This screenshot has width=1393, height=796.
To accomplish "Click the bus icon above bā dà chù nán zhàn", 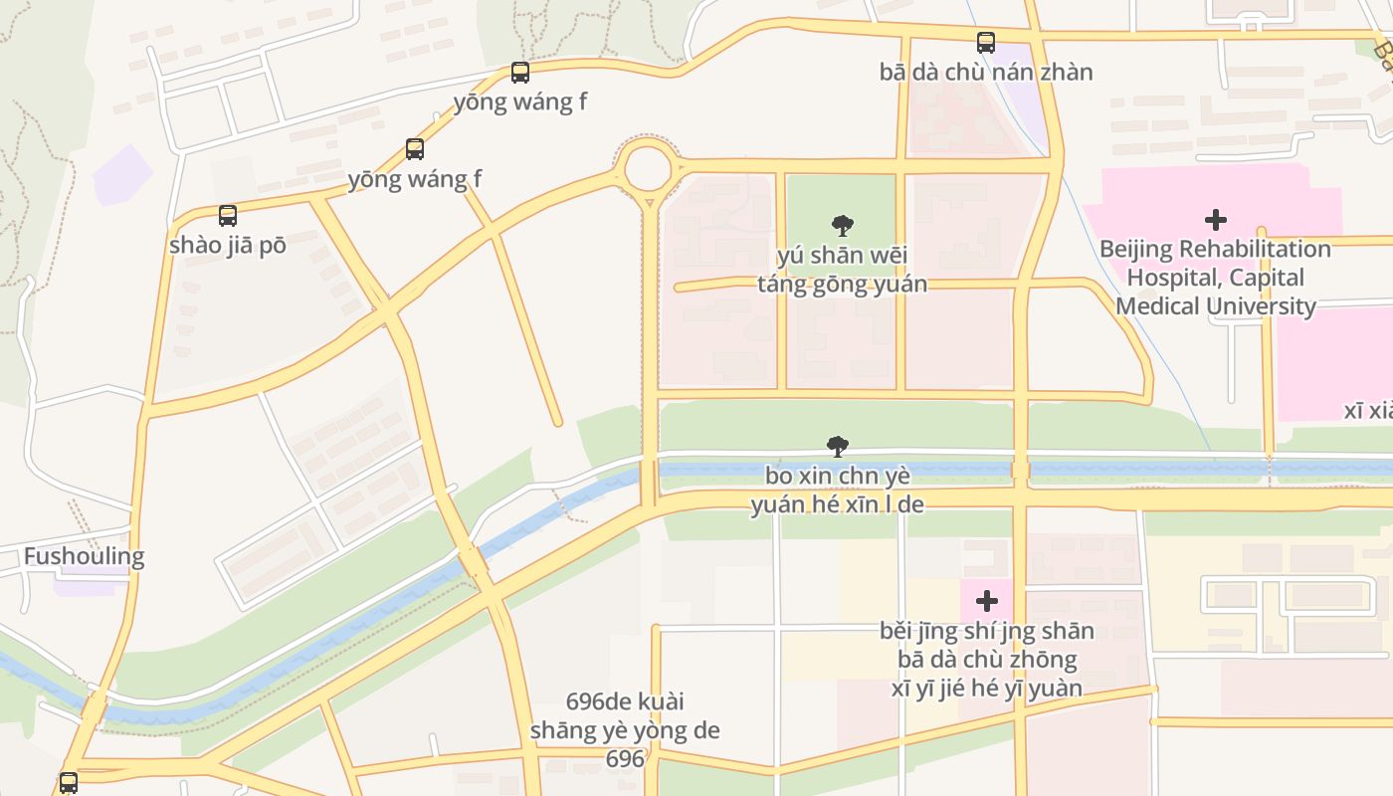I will (x=986, y=43).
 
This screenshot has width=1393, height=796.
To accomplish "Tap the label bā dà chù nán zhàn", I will (x=986, y=72).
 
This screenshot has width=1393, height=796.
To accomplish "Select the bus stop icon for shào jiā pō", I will (x=228, y=216).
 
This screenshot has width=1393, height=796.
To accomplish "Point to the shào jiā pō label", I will (x=228, y=245).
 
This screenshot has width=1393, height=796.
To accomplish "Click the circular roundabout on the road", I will (x=647, y=168).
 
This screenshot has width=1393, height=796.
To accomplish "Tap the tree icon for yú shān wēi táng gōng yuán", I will (x=843, y=226).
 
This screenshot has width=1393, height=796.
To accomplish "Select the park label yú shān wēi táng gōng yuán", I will (x=842, y=270).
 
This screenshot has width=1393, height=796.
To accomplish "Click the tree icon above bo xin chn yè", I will (x=838, y=447).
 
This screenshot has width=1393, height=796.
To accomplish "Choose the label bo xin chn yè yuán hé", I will (x=837, y=490).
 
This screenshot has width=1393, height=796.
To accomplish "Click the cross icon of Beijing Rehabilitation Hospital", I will (x=1215, y=220).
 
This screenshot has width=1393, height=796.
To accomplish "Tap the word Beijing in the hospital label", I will (x=1139, y=249).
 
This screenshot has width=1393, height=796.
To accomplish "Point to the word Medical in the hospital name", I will (x=1157, y=305).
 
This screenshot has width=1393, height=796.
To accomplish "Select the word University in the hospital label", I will (x=1261, y=305).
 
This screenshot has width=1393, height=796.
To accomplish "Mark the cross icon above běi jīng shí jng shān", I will (x=987, y=601).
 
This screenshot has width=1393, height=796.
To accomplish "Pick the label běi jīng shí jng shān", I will (x=986, y=631).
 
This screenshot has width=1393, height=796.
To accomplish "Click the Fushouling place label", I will (x=84, y=556).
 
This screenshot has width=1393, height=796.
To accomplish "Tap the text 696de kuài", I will (x=624, y=701).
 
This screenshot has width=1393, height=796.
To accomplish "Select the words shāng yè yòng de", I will (x=624, y=730).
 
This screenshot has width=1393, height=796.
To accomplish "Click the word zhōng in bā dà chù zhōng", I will (x=1044, y=660).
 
